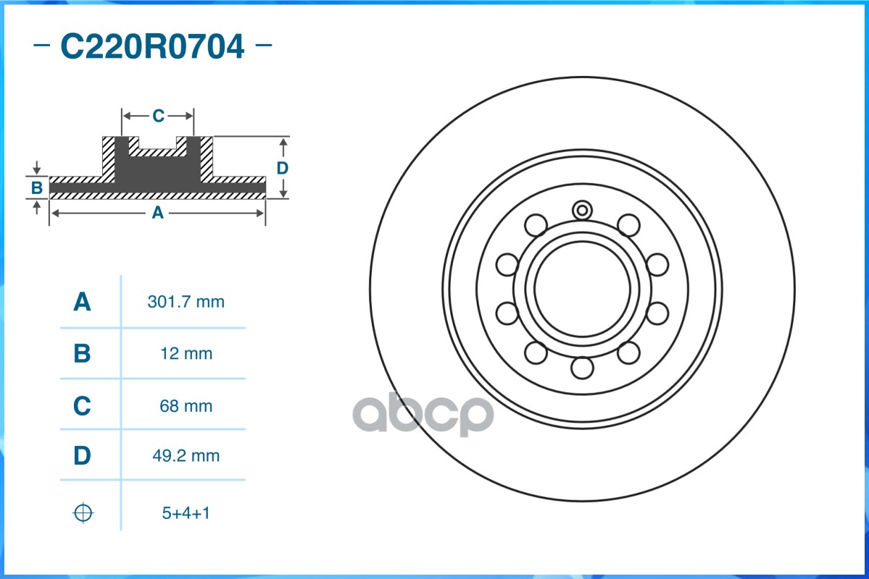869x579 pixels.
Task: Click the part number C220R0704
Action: click(152, 46)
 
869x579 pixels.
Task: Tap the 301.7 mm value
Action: click(186, 302)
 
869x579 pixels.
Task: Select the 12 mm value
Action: click(186, 353)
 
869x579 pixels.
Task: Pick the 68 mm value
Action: click(186, 406)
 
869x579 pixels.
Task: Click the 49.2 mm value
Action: click(186, 455)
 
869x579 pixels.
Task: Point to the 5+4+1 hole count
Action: click(186, 512)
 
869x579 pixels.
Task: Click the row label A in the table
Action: click(82, 302)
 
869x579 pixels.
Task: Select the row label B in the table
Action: click(82, 353)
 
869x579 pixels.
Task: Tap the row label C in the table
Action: click(82, 406)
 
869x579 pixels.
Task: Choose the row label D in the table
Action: click(82, 455)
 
